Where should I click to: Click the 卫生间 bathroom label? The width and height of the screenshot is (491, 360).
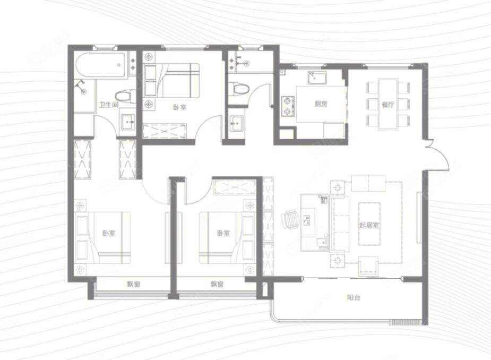108,105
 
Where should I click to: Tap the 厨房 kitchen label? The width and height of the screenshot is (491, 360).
321,104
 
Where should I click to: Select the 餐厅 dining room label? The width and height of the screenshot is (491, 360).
387,105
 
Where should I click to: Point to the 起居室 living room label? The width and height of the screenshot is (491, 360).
369,225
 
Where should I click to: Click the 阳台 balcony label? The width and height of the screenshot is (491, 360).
354,297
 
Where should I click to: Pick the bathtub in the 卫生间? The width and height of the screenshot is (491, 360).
100,65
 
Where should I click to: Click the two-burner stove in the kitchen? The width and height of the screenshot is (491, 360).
288,107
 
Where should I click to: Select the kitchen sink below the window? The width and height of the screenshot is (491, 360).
317,78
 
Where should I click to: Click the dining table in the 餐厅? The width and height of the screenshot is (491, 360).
388,104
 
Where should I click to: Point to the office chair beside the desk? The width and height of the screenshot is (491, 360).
290,220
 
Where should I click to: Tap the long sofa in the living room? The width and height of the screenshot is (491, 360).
339,224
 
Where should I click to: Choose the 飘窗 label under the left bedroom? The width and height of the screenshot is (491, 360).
133,285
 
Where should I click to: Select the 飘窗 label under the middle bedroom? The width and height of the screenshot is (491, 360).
217,285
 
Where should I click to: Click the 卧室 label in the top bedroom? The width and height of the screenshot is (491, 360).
179,107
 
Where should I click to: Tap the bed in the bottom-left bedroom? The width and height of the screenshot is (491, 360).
103,238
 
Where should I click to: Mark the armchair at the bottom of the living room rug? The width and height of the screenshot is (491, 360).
368,267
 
